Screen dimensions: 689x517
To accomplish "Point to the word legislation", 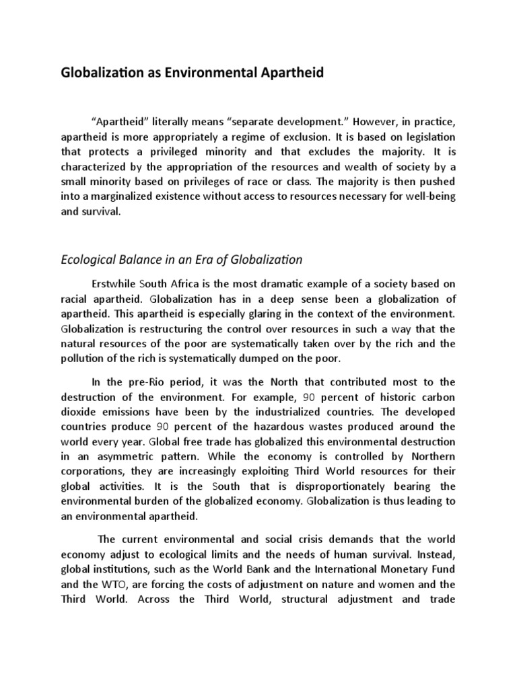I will (432, 135).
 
